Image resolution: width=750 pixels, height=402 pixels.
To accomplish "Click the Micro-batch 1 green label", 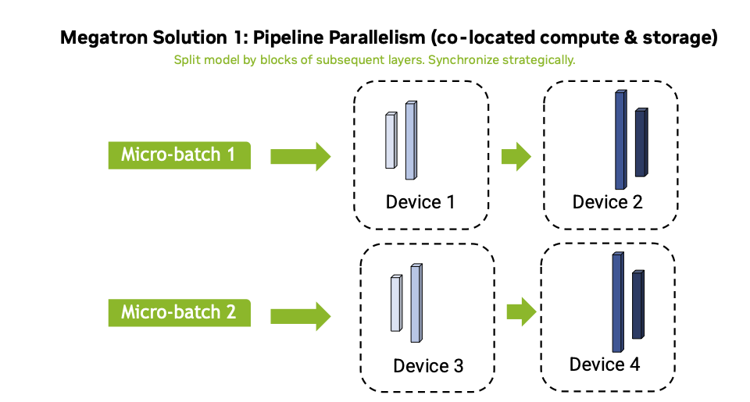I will point(178,155).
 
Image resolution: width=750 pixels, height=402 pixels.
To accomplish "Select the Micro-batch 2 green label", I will point(178,313).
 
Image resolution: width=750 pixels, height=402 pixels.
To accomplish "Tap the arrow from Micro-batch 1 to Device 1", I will point(300,156).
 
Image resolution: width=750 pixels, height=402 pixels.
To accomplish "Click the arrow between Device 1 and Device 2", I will point(516,156).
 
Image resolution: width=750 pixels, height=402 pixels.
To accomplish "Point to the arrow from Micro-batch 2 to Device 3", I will point(300,315).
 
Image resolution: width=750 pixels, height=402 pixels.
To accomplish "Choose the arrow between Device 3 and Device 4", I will point(521,314).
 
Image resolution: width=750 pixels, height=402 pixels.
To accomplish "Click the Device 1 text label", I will point(420,202).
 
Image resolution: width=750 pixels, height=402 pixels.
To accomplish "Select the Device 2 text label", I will point(607,202).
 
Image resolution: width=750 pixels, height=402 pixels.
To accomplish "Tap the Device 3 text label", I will point(428,365).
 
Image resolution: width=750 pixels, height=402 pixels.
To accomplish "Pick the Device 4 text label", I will point(604,365).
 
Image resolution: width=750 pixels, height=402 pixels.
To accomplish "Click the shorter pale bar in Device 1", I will point(390,141).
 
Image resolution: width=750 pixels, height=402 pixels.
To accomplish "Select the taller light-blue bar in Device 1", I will point(410,141).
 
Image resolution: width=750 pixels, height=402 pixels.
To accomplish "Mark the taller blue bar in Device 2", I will point(620,141).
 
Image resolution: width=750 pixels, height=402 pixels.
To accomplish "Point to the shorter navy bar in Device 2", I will point(641,143).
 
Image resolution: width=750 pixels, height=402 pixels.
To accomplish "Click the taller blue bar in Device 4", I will point(617,303).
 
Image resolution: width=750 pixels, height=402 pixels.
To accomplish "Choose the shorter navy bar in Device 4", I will point(637,305).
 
